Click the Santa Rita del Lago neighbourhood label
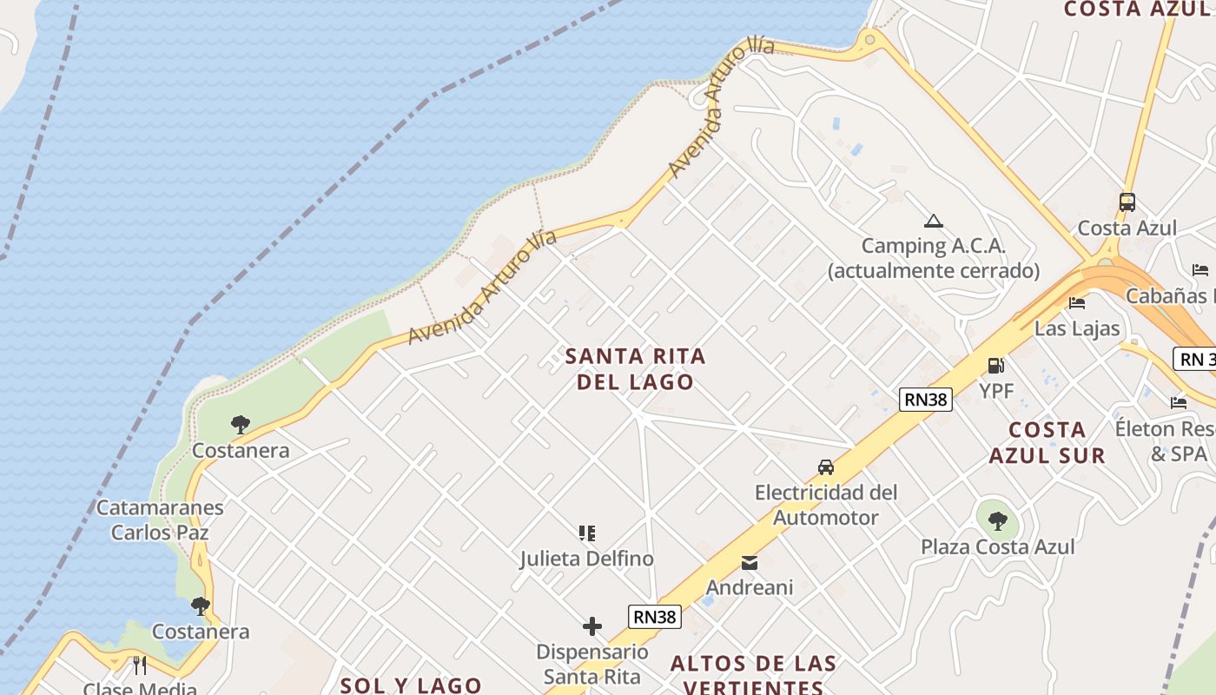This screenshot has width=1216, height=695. [636, 369]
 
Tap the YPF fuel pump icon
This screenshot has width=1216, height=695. [995, 366]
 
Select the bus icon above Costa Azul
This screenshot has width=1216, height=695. [1127, 202]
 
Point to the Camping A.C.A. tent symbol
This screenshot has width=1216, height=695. [934, 221]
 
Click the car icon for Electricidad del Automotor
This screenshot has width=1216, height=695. [826, 467]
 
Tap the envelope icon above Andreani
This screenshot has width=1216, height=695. [750, 563]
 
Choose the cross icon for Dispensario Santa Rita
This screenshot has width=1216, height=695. [592, 626]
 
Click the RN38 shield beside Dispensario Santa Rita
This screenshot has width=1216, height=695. [655, 617]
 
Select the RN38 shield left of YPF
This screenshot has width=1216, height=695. [926, 400]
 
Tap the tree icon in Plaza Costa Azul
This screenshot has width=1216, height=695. [998, 521]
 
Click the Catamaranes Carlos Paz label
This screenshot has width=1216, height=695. [160, 520]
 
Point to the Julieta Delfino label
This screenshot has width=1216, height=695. [587, 559]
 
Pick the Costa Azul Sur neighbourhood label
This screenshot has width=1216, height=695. [1047, 442]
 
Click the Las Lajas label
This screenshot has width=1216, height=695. [1077, 328]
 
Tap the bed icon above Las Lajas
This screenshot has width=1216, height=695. [1077, 303]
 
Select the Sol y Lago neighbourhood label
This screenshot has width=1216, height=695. [411, 685]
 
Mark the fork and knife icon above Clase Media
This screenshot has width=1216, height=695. [140, 665]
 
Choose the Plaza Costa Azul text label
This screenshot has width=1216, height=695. [998, 546]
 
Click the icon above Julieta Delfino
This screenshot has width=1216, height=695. [587, 533]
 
